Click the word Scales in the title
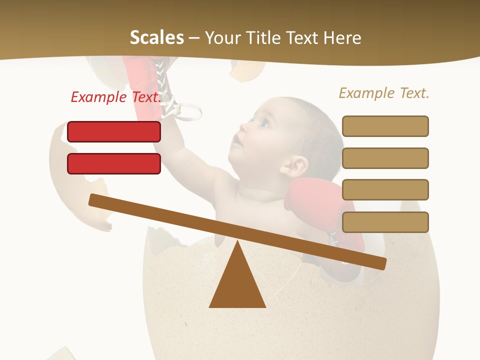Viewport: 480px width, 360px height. pyautogui.click(x=156, y=38)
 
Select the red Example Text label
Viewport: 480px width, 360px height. pyautogui.click(x=116, y=97)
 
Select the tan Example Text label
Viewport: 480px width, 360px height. pyautogui.click(x=384, y=93)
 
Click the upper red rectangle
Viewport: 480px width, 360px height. pyautogui.click(x=114, y=131)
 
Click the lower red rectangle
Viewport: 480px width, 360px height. pyautogui.click(x=114, y=163)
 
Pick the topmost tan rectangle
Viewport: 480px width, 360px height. pyautogui.click(x=385, y=126)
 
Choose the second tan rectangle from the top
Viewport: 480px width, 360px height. pyautogui.click(x=385, y=158)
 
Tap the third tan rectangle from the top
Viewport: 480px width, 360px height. pyautogui.click(x=385, y=189)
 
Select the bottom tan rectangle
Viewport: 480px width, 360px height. pyautogui.click(x=385, y=222)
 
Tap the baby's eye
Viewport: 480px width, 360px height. pyautogui.click(x=263, y=122)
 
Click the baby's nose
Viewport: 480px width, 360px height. pyautogui.click(x=242, y=128)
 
